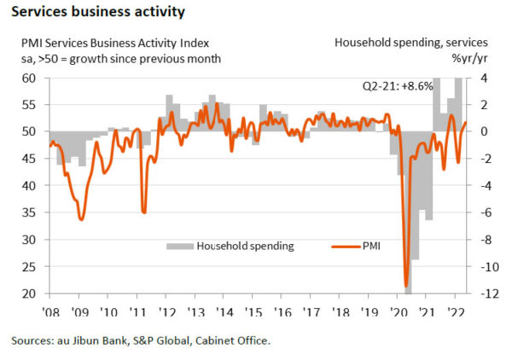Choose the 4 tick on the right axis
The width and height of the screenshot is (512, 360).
[482, 78]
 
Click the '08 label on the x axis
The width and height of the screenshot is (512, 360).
[50, 311]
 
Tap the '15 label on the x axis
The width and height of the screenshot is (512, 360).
[254, 311]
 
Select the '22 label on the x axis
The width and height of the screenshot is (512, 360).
[457, 311]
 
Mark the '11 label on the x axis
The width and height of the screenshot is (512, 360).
[138, 311]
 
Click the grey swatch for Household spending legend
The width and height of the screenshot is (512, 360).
[180, 246]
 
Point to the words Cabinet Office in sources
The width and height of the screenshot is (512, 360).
[231, 342]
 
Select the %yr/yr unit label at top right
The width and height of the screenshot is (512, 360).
[472, 58]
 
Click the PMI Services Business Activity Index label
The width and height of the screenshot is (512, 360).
[111, 43]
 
